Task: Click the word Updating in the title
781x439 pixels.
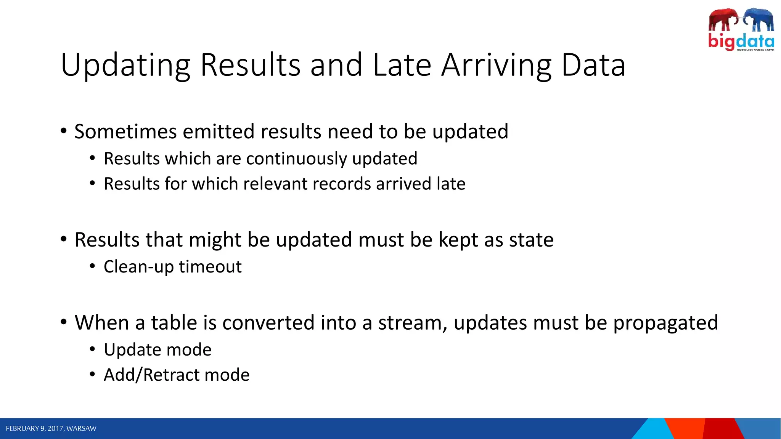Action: pyautogui.click(x=125, y=66)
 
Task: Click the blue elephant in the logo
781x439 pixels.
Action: pyautogui.click(x=759, y=19)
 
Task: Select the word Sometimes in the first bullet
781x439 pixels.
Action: pyautogui.click(x=125, y=131)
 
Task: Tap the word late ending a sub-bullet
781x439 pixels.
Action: pyautogui.click(x=451, y=184)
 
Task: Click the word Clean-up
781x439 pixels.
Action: pyautogui.click(x=139, y=267)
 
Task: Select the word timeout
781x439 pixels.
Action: pyautogui.click(x=210, y=267)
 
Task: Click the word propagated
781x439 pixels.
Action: pyautogui.click(x=665, y=323)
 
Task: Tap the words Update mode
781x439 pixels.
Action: pyautogui.click(x=157, y=350)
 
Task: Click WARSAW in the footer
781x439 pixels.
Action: pyautogui.click(x=81, y=428)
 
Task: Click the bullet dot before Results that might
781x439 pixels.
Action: pyautogui.click(x=64, y=239)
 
